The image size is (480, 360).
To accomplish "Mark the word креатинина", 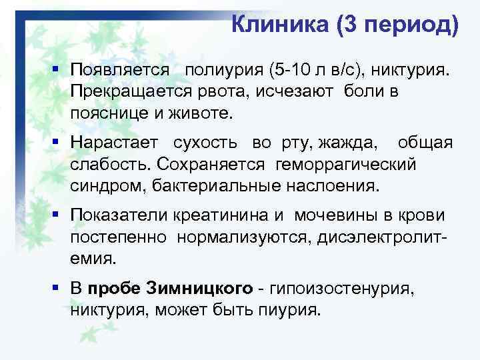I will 224,217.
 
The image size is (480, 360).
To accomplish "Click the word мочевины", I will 325,217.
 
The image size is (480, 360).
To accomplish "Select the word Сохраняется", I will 213,165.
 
